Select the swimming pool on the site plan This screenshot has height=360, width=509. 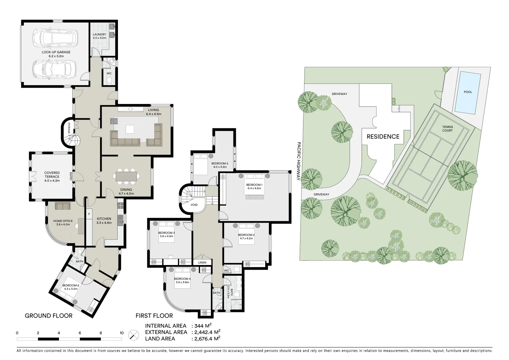[x=468, y=92]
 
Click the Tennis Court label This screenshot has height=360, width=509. [x=447, y=129]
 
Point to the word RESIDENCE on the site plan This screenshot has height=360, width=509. [x=383, y=137]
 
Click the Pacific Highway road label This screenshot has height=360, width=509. [x=298, y=161]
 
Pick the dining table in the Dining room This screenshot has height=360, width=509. [x=127, y=176]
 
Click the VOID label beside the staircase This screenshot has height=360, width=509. [x=194, y=205]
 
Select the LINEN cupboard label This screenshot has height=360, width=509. [x=202, y=263]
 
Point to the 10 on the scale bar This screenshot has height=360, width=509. [x=122, y=333]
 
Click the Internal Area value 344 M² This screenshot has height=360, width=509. [x=203, y=326]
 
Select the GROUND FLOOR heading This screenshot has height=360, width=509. [x=49, y=316]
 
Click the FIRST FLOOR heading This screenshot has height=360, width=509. [x=154, y=316]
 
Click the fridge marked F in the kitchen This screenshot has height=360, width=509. [x=89, y=214]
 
